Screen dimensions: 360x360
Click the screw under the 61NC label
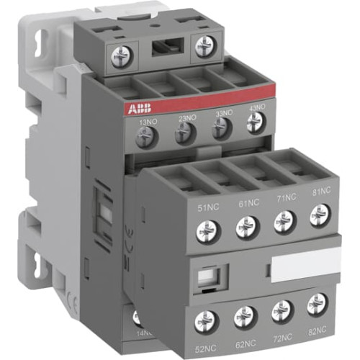tap(246, 229)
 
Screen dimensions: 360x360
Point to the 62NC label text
tap(245, 341)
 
